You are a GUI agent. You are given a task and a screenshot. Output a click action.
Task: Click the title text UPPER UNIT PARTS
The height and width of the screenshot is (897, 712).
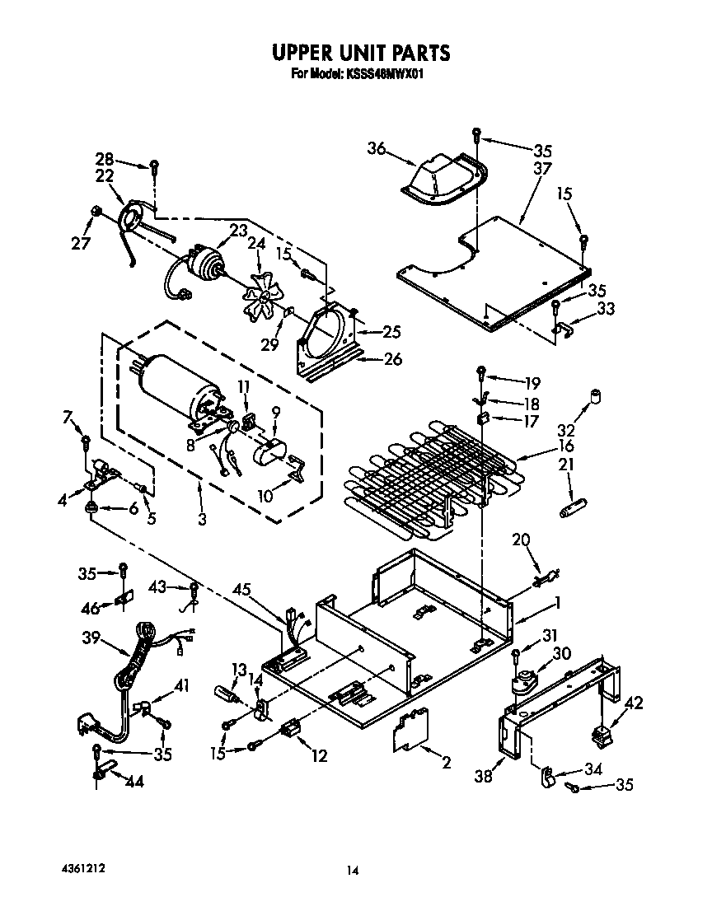pyautogui.click(x=361, y=54)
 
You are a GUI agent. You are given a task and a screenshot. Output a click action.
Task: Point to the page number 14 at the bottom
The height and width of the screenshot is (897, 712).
pyautogui.click(x=353, y=870)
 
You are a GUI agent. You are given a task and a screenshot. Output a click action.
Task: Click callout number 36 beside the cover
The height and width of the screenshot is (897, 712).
pyautogui.click(x=376, y=148)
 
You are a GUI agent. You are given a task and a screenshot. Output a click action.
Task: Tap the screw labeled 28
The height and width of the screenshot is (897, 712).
pyautogui.click(x=153, y=166)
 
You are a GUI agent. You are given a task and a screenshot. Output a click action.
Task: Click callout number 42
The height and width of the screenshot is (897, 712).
pyautogui.click(x=634, y=703)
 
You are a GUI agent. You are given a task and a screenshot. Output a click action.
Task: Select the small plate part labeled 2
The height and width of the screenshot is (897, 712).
pyautogui.click(x=409, y=729)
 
